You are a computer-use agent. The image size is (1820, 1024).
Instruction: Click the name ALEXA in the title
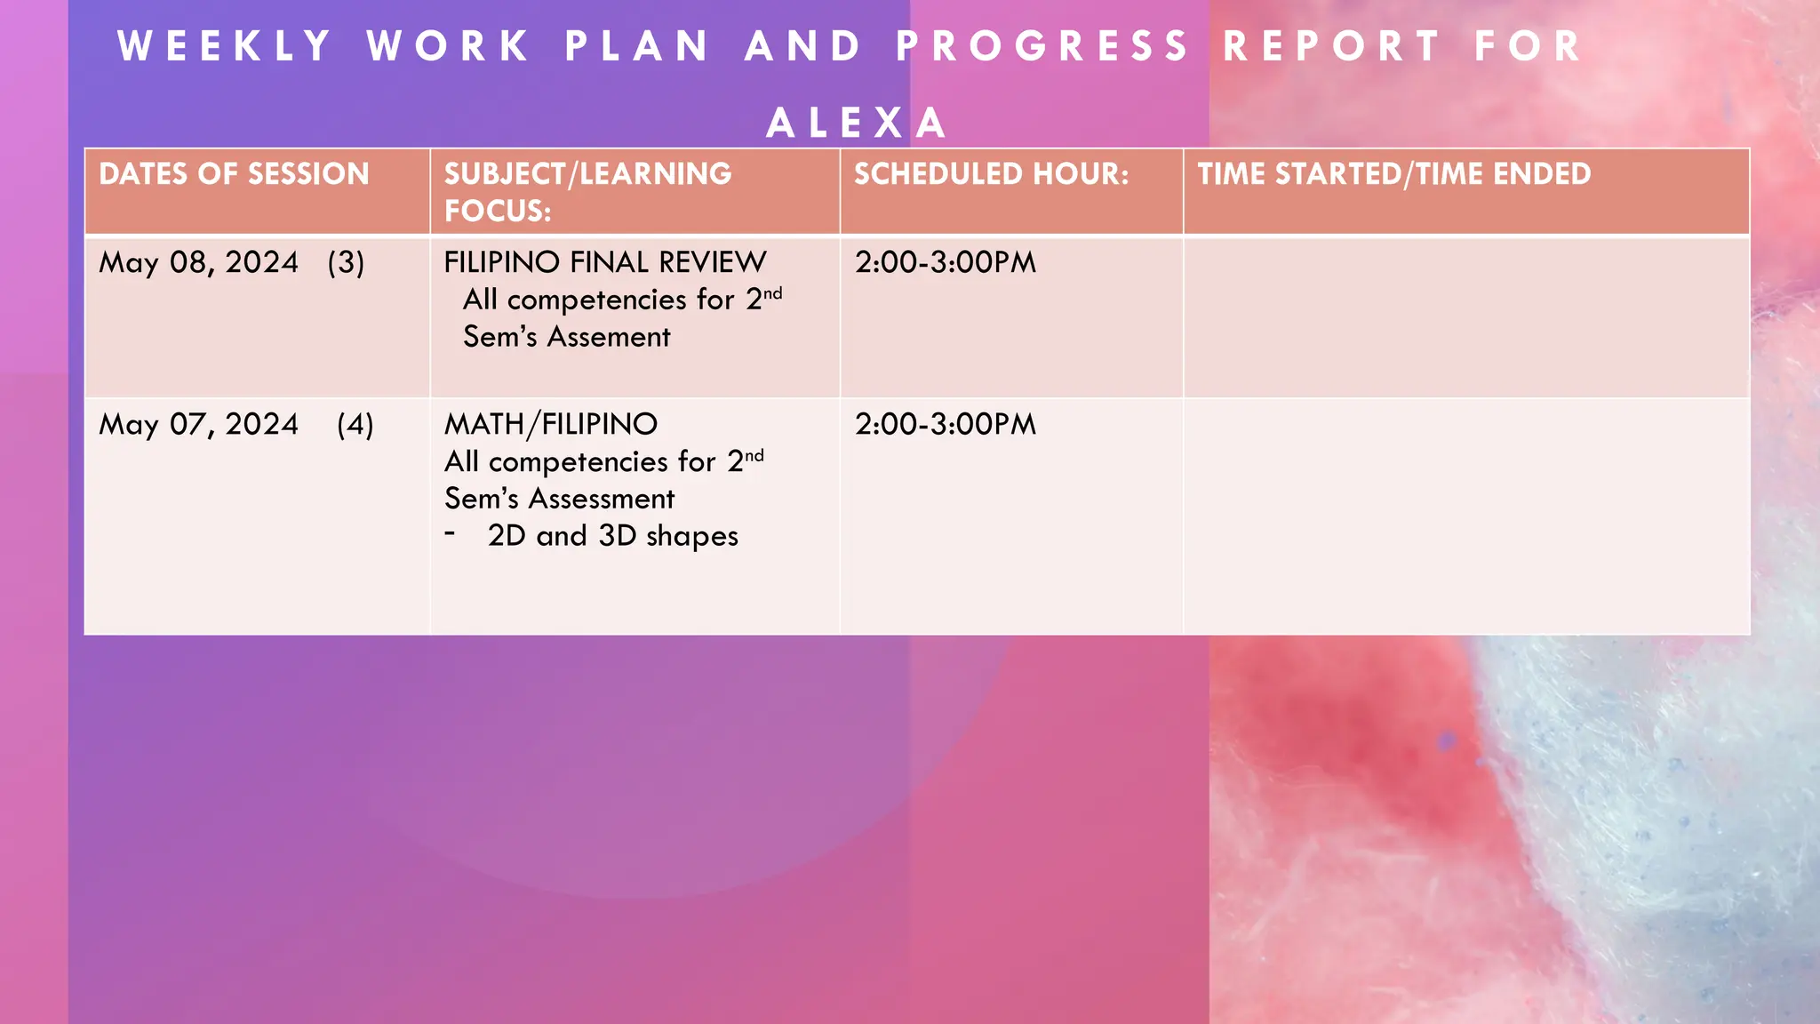coord(857,123)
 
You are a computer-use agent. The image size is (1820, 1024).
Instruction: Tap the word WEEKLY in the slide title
coord(225,46)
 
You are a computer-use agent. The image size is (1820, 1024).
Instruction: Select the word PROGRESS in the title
coord(1042,46)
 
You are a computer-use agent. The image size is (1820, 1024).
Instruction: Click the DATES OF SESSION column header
coord(234,174)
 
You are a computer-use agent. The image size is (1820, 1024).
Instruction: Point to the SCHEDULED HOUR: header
coord(991,174)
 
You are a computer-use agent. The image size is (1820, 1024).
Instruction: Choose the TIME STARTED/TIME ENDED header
coord(1393,174)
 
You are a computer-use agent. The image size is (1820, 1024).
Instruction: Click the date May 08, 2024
coord(198,263)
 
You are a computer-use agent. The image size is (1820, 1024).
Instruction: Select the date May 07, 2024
coord(198,425)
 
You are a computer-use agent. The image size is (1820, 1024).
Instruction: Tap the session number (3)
coord(346,263)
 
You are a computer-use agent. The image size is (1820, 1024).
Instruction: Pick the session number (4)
coord(355,425)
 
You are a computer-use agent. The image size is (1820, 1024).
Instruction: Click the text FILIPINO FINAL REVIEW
coord(604,263)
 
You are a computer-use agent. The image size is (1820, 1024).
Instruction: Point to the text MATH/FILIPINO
coord(551,425)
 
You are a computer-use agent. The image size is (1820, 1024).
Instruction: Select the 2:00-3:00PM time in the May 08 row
coord(946,263)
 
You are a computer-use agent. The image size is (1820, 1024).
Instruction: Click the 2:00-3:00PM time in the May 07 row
coord(946,425)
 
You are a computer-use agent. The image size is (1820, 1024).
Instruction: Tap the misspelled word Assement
coord(609,338)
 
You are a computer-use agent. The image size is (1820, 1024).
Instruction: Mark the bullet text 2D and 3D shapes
coord(613,536)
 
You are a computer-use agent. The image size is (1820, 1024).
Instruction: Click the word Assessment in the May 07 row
coord(602,500)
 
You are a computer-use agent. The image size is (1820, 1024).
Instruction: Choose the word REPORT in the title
coord(1331,46)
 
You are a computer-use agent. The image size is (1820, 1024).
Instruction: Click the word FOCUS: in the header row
coord(498,212)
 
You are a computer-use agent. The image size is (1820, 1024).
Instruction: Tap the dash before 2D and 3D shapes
coord(451,534)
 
